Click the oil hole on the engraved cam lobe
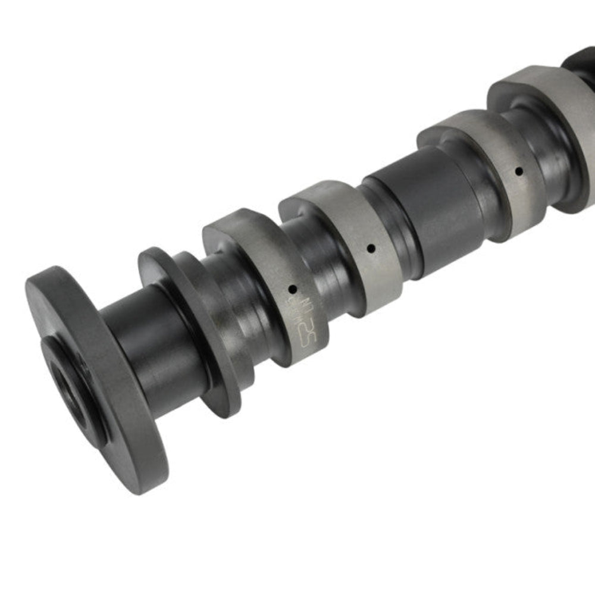point(292,289)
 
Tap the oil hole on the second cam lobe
point(371,249)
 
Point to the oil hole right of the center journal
point(519,171)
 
